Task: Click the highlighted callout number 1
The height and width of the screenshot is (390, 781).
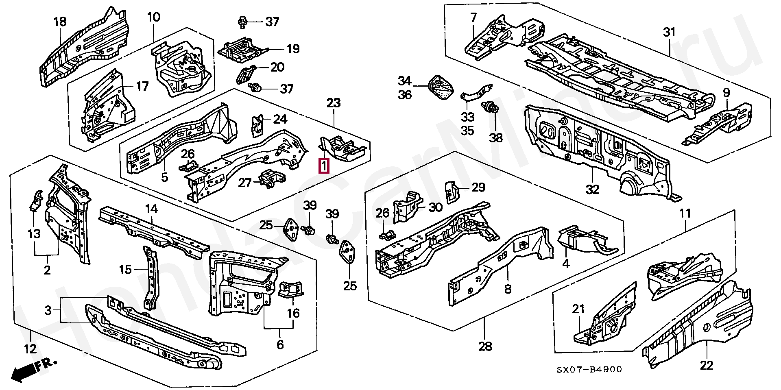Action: (324, 166)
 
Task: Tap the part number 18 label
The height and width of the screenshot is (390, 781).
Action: (60, 22)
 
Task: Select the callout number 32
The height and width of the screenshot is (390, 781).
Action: (592, 189)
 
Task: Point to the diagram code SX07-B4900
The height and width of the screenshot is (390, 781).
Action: (589, 369)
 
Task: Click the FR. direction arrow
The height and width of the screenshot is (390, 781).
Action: (33, 369)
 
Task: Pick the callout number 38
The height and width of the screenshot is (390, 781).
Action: (495, 138)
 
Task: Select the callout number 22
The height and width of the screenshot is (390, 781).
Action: (707, 365)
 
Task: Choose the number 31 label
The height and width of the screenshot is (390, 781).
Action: (669, 32)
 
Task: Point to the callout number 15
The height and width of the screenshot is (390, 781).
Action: (125, 269)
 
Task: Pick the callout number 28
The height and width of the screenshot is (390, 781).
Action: (485, 346)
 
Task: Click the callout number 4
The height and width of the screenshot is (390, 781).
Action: (566, 264)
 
